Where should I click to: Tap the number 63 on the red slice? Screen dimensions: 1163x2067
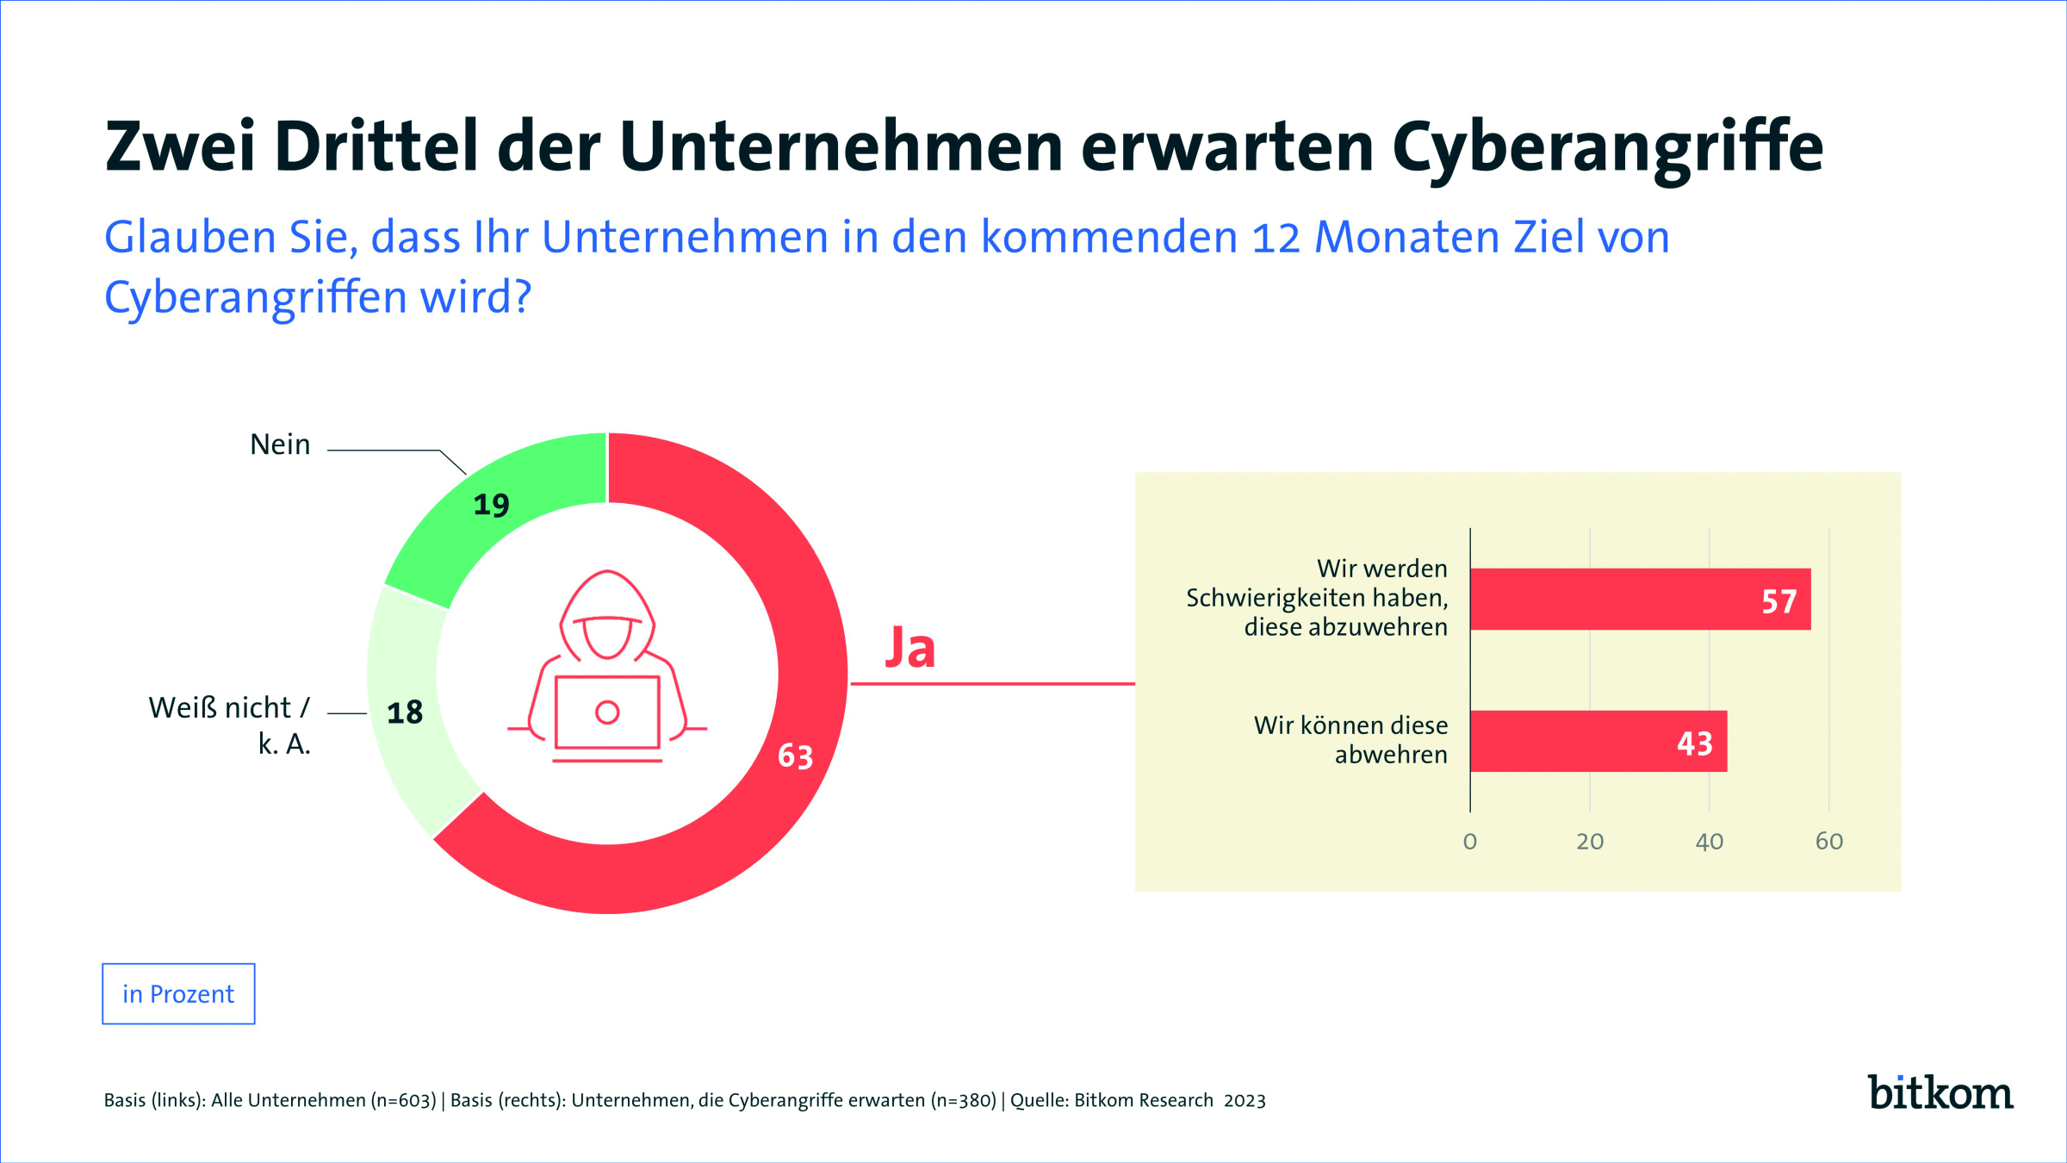click(x=795, y=756)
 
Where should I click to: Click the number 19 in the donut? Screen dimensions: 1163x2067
click(x=491, y=505)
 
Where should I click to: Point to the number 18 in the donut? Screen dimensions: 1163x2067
click(x=405, y=712)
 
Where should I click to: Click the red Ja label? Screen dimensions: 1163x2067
click(x=910, y=648)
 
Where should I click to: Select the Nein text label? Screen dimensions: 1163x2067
click(x=280, y=445)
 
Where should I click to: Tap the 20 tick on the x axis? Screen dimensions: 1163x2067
click(x=1590, y=842)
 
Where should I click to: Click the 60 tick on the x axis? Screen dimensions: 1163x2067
click(x=1828, y=842)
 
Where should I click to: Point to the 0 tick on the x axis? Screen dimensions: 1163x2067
click(x=1470, y=842)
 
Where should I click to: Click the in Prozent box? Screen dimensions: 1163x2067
click(x=178, y=994)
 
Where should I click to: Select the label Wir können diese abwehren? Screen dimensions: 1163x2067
click(x=1350, y=739)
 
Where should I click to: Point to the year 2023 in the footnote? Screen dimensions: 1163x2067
click(x=1245, y=1100)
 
